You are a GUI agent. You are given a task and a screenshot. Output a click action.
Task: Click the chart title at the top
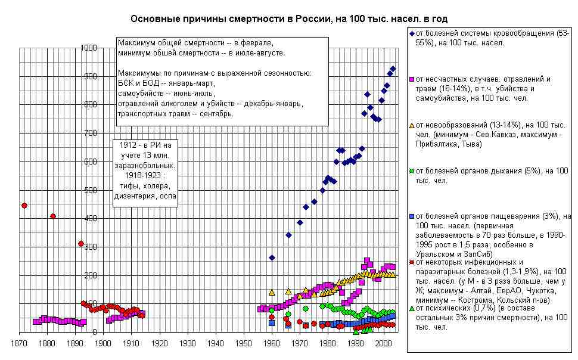(289, 19)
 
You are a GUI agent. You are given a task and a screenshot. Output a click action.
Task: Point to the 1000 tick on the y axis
(88, 48)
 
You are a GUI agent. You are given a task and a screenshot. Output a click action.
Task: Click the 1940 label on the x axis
(216, 343)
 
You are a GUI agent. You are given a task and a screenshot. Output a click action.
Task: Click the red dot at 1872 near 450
(24, 206)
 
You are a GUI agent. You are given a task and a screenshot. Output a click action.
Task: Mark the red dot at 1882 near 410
(53, 216)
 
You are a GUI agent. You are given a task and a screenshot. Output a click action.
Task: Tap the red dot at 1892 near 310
(81, 244)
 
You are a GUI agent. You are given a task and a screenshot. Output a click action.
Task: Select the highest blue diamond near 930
(393, 69)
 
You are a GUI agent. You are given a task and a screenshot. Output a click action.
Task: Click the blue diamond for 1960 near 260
(272, 257)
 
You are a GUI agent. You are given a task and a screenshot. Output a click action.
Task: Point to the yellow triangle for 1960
(272, 293)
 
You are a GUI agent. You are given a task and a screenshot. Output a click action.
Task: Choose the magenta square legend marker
(412, 79)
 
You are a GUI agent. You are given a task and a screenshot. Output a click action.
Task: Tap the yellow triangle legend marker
(412, 125)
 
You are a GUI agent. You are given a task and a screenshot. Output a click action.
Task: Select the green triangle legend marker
(412, 309)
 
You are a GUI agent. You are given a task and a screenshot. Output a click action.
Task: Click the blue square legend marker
(412, 216)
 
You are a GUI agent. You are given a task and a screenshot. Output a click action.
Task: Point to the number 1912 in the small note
(128, 145)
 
